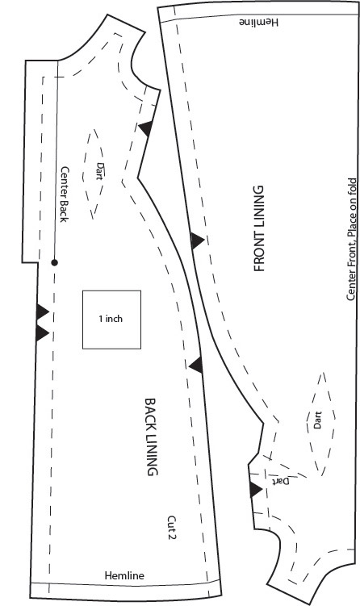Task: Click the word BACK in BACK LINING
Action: [151, 413]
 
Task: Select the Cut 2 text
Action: [172, 528]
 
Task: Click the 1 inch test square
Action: [111, 320]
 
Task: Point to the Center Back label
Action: [65, 194]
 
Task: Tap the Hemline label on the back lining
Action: [124, 575]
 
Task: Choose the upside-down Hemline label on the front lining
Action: [258, 22]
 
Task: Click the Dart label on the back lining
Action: [100, 171]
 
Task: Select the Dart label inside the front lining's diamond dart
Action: [317, 420]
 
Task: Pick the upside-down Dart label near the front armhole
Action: [280, 481]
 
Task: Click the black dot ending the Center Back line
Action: [55, 263]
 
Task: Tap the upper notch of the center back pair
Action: [42, 311]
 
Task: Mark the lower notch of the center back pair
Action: [41, 333]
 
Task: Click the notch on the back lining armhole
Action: [146, 128]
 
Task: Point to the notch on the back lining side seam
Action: [196, 365]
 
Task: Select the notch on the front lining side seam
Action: [196, 240]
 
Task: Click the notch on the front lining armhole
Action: [255, 490]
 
